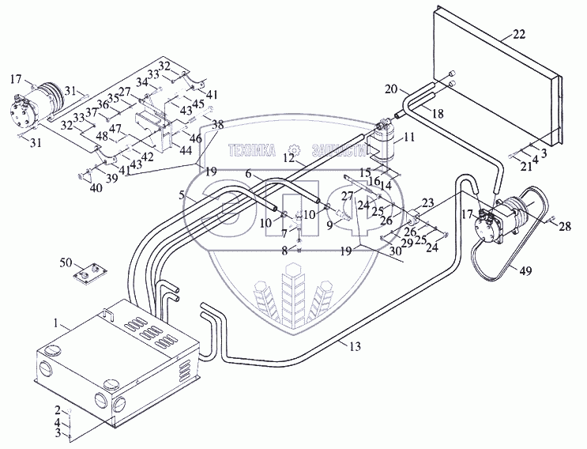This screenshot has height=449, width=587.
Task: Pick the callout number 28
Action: [x=565, y=228]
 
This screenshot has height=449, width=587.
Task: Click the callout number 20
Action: [x=390, y=89]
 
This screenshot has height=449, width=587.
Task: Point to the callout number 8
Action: [x=284, y=252]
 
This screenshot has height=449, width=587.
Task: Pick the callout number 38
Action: [x=218, y=124]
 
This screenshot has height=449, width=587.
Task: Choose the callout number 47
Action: [x=115, y=129]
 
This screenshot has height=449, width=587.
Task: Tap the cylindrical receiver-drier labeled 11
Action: [x=387, y=143]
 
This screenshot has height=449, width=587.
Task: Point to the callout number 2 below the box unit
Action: [x=56, y=409]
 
